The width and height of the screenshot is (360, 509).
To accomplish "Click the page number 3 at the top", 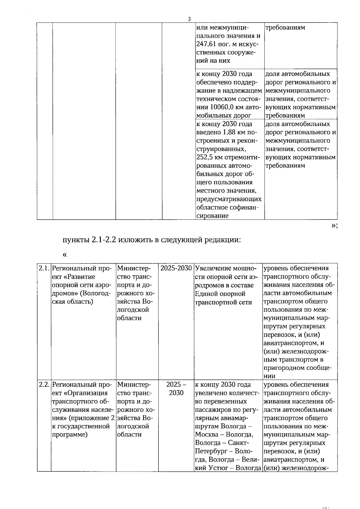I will point(189,19).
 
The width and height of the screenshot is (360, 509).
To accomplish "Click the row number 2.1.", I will point(44,268).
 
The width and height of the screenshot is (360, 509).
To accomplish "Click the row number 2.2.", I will point(44,385).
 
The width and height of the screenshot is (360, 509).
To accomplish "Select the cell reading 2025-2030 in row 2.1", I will point(176,268).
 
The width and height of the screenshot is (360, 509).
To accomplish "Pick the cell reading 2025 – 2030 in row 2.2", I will point(176,389).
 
